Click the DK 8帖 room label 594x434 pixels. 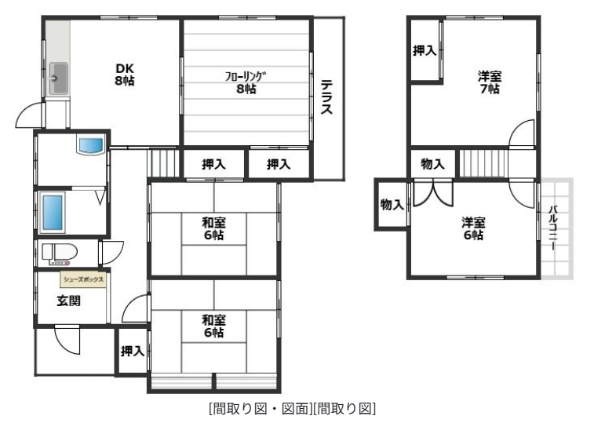point(123,74)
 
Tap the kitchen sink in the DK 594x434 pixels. point(58,78)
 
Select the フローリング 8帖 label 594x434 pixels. point(246,82)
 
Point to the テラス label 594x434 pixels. point(326,97)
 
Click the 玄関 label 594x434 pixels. point(67,300)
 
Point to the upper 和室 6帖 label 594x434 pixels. point(213,228)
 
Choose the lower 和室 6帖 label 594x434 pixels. point(213,326)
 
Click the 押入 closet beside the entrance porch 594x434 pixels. point(132,351)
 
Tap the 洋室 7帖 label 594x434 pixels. point(490,82)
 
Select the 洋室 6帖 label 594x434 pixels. point(472,228)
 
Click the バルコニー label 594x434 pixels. point(554,228)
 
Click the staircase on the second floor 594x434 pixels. point(481,164)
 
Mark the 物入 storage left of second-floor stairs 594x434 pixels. point(432,164)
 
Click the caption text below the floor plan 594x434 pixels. point(292,408)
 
